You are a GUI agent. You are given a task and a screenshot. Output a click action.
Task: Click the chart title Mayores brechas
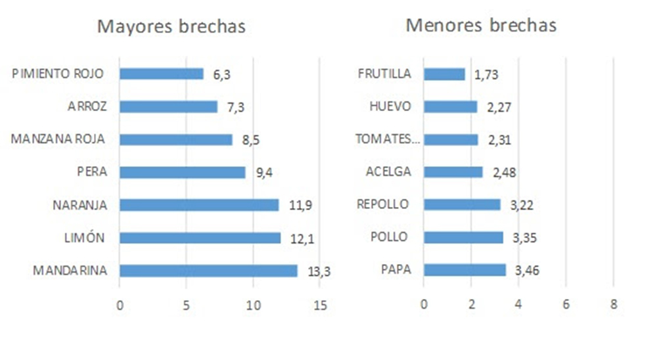(x=171, y=27)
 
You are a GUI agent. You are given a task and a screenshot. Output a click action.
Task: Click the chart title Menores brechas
(x=481, y=26)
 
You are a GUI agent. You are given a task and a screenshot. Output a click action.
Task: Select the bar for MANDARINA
(x=208, y=271)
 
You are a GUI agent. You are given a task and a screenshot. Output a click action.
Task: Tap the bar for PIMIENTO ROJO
(x=162, y=74)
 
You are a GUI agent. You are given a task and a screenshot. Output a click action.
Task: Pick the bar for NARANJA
(x=199, y=205)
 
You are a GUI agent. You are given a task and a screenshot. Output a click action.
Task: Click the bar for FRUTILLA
(x=444, y=74)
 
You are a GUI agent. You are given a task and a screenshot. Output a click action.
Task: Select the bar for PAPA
(x=464, y=270)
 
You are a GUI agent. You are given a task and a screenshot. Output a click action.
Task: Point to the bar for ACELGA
(x=453, y=172)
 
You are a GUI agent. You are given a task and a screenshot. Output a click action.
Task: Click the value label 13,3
(x=319, y=272)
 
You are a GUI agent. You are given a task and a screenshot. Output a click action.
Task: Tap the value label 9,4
(x=264, y=174)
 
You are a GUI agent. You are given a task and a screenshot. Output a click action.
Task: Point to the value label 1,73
(x=486, y=76)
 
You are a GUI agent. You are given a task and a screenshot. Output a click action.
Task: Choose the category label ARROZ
(x=87, y=106)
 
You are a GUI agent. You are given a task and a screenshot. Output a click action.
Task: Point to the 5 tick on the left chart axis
(x=186, y=305)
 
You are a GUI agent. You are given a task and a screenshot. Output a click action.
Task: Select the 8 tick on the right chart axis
(x=613, y=305)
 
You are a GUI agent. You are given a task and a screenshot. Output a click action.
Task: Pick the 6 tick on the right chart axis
(x=566, y=305)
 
